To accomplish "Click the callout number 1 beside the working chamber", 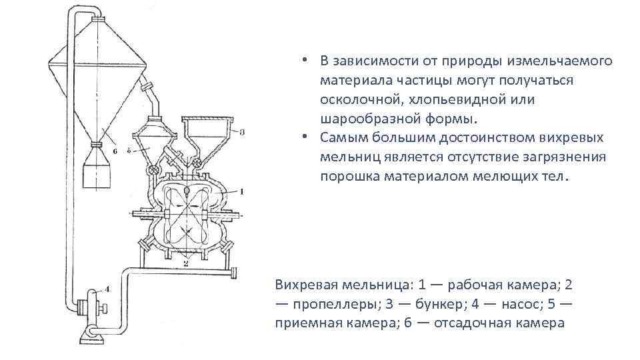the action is pos(241,191).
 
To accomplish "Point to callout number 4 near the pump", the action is pos(107,289).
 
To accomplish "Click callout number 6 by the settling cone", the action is pos(114,151).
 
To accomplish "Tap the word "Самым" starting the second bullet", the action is pos(340,139).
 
